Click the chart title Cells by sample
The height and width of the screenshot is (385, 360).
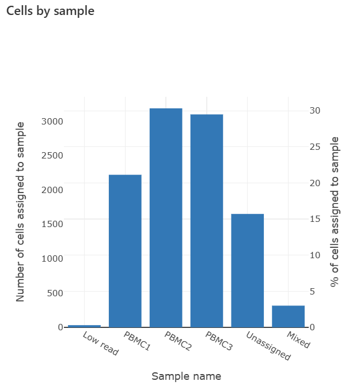click(x=50, y=11)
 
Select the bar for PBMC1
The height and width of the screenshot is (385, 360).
click(x=125, y=251)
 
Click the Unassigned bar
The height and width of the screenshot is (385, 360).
click(x=248, y=270)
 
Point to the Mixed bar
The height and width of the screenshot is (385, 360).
click(x=288, y=316)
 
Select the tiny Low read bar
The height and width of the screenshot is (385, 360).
click(x=84, y=326)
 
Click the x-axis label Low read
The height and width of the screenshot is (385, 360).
click(x=101, y=344)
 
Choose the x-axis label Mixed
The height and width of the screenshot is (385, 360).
click(x=298, y=340)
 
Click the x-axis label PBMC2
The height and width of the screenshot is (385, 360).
click(x=177, y=341)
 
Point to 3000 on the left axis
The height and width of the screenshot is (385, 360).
click(x=52, y=122)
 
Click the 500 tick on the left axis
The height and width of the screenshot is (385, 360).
click(x=55, y=293)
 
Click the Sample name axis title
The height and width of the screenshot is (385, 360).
click(x=186, y=376)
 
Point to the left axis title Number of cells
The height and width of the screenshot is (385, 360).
click(x=21, y=212)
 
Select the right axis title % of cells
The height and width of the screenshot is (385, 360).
click(x=335, y=212)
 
